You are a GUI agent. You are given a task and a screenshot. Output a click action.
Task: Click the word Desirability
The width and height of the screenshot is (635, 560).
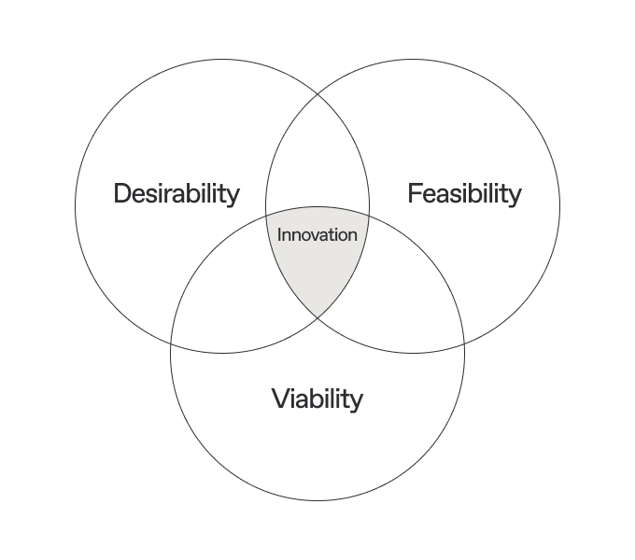point(176,194)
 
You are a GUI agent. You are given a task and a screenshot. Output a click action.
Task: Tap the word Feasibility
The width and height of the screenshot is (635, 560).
point(464,194)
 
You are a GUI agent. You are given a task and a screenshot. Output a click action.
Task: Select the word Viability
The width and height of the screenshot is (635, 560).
point(317,399)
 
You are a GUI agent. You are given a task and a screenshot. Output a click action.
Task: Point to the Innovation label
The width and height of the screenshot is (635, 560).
point(317,235)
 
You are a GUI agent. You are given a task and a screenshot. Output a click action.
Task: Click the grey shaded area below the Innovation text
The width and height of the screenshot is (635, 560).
point(317,275)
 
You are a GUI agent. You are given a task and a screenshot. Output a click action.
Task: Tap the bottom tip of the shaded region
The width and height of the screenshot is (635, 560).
point(317,318)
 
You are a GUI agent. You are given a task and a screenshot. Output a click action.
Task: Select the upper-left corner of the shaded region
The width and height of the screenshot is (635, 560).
point(267,216)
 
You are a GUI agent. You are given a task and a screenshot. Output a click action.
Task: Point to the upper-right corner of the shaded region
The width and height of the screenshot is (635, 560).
point(368,216)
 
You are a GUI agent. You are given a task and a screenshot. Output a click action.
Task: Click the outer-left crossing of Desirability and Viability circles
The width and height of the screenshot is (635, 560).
point(171,343)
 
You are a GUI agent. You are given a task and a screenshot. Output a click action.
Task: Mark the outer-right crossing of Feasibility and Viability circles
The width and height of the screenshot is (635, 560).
point(464,343)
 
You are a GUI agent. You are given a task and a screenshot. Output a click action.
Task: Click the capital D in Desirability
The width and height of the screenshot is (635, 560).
point(122,194)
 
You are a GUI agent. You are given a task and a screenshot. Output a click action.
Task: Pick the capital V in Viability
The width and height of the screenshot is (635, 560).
point(280,399)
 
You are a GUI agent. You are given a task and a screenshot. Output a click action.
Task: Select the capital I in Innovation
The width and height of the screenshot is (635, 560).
point(279,235)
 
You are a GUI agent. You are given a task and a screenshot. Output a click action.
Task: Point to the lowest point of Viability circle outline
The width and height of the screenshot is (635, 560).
point(317,500)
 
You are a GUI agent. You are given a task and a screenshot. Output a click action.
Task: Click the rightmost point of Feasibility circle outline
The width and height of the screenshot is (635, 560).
point(560,206)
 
